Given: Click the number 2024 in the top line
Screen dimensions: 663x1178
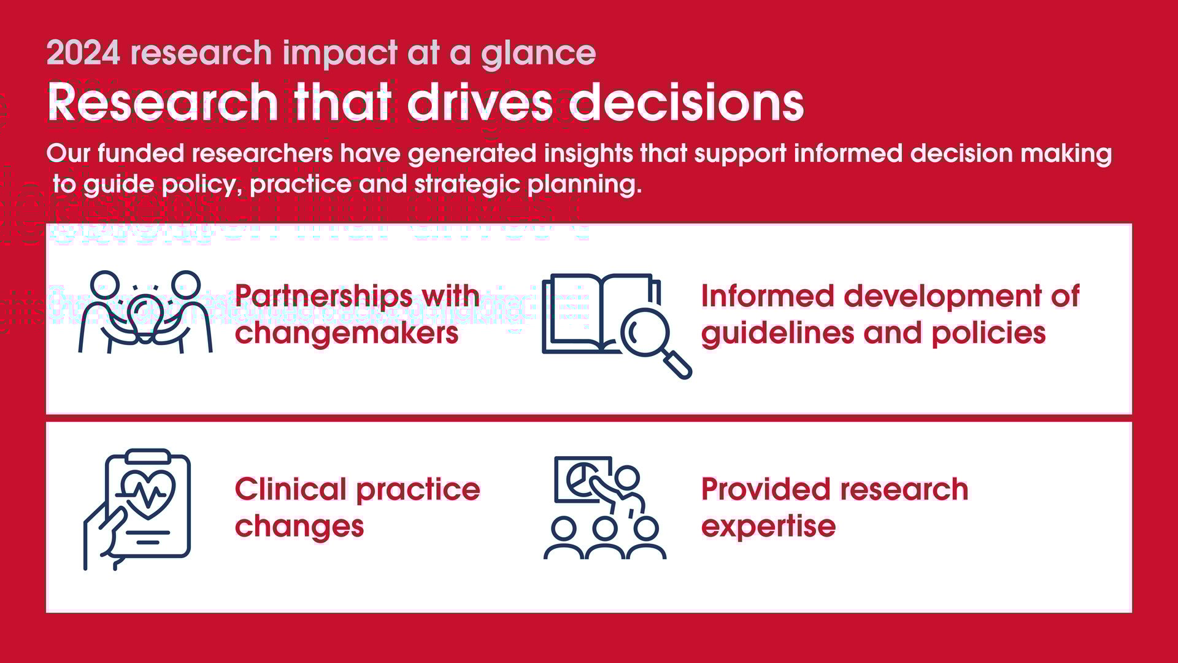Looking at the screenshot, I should coord(83,53).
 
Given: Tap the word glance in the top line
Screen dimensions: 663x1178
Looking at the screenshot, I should coord(538,54).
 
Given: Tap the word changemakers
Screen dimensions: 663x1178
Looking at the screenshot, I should coord(347,333).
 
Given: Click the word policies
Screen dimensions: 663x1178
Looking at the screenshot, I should coord(988,333).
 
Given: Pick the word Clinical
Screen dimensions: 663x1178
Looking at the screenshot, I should coord(291,490).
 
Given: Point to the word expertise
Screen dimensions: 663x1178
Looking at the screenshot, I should coord(768,526).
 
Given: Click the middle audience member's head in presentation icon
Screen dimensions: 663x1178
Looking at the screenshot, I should coord(605,528).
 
